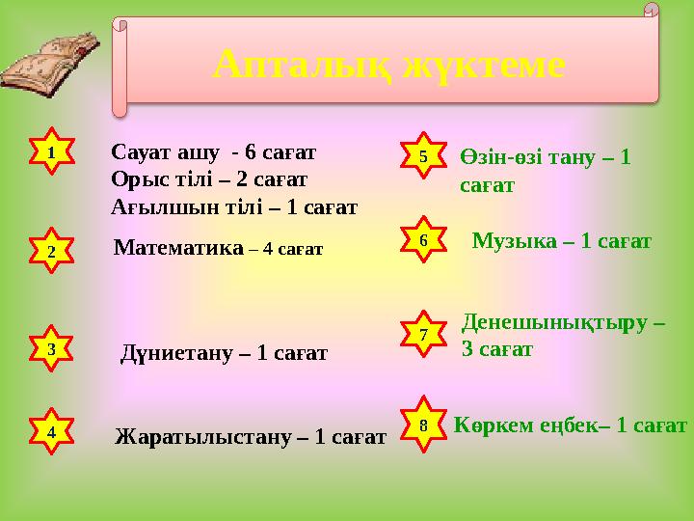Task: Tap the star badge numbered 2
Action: [x=51, y=251]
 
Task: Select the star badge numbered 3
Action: [x=51, y=349]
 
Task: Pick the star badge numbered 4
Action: [x=51, y=433]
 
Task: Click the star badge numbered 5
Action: [x=423, y=154]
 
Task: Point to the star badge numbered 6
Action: [x=423, y=238]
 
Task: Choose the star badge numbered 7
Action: [x=423, y=334]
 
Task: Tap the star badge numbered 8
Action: [x=423, y=425]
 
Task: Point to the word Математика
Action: [x=178, y=248]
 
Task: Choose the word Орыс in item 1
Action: [x=137, y=178]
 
